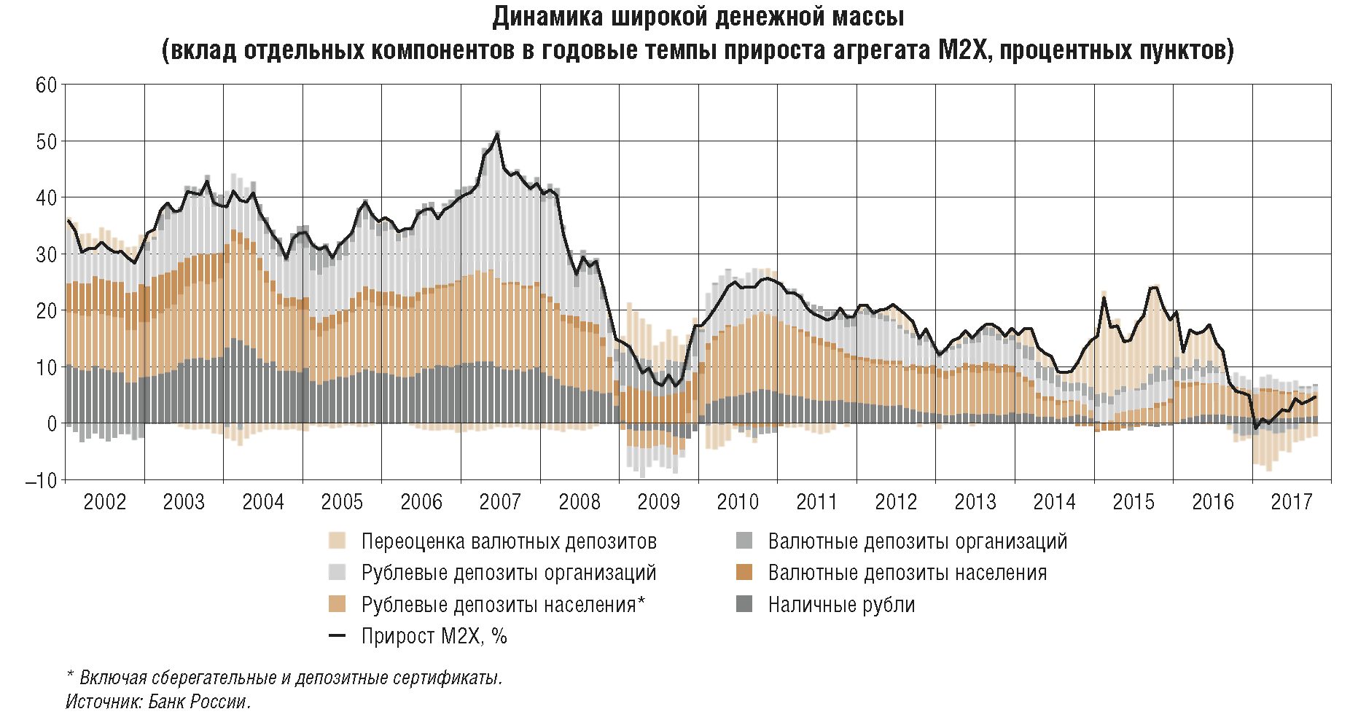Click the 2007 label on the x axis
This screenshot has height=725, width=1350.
500,502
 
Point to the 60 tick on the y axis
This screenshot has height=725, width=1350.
46,85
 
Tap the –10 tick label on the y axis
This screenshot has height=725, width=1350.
41,481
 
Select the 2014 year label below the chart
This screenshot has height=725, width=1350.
1054,502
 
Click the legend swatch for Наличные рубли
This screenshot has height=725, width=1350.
744,604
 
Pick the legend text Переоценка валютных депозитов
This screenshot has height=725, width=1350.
509,541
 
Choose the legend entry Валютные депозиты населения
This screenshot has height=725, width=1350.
907,573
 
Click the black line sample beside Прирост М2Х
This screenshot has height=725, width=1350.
337,636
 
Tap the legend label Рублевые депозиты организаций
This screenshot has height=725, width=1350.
509,573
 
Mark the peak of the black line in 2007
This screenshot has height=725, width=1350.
497,133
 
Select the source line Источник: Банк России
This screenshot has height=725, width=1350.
158,702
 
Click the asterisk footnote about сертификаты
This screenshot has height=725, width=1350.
284,678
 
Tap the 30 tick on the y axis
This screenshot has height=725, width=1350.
46,254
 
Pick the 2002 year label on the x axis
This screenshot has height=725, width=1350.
104,502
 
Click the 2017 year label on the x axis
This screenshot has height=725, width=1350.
1291,502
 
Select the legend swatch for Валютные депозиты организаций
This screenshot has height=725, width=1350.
744,541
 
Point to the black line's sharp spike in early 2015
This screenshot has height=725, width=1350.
1104,297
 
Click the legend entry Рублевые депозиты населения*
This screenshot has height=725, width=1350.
503,604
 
